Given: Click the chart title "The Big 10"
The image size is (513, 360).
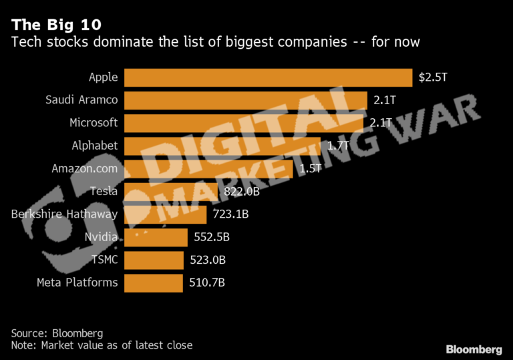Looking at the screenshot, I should click(56, 25).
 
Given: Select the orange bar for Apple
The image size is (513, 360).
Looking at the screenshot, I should click(268, 77).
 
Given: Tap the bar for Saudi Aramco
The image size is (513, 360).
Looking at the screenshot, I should click(245, 100).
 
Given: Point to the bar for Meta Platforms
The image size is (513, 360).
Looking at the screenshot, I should click(153, 283).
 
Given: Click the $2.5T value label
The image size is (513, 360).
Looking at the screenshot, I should click(432, 77).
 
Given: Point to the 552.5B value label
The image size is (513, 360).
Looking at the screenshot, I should click(211, 237).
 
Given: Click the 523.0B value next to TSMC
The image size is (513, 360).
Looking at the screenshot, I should click(207, 260).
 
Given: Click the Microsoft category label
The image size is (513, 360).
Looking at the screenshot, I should click(94, 123).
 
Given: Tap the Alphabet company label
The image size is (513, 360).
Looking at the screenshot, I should click(95, 146).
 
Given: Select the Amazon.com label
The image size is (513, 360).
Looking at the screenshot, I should click(85, 168).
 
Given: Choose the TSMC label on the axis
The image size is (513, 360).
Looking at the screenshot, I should click(104, 260).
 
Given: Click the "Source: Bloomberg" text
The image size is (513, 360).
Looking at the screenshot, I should click(57, 333).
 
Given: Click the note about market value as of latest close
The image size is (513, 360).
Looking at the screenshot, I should click(102, 345).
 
